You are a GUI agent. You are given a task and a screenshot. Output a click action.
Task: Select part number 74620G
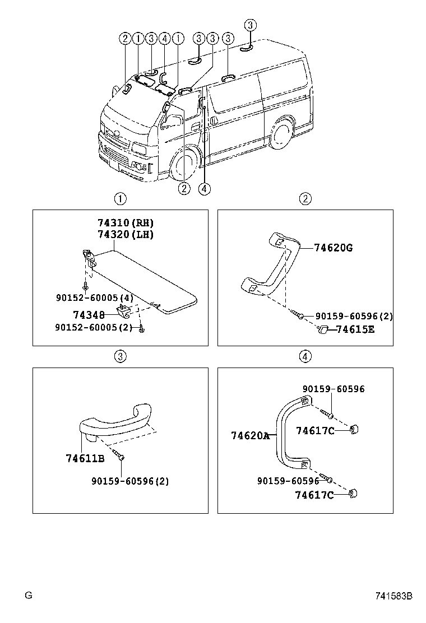point(333,248)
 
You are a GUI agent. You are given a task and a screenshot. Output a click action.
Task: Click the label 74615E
point(355,329)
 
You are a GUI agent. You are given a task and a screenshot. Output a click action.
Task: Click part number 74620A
point(250,435)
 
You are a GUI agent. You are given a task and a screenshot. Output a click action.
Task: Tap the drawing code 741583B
point(394,596)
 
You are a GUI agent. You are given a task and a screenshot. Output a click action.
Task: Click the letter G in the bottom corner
point(27,596)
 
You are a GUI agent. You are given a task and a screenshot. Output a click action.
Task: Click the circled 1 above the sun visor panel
point(120,198)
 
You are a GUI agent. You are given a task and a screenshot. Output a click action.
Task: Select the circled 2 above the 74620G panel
point(305,198)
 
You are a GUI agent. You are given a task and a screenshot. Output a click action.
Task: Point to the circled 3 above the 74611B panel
point(120,356)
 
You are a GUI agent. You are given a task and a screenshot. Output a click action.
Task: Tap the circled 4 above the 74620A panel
point(305,356)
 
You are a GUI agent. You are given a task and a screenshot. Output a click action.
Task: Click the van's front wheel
point(183,164)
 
